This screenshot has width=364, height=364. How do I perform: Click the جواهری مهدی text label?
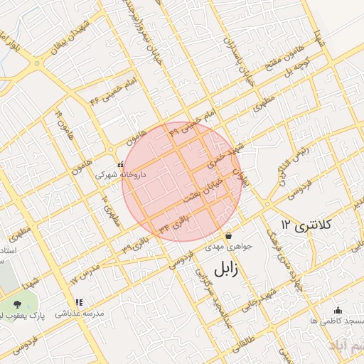click(229, 247)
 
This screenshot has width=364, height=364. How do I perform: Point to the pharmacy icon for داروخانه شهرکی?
click(120, 164)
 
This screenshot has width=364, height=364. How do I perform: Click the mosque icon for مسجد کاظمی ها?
click(337, 310)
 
